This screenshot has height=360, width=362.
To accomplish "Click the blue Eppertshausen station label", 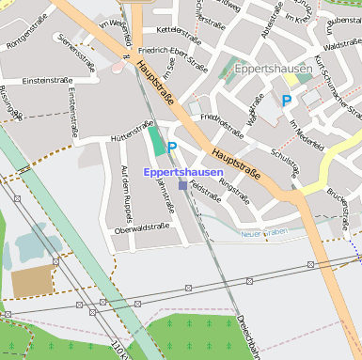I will click(x=183, y=172).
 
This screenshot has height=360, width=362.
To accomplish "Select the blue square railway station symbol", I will click(x=182, y=185).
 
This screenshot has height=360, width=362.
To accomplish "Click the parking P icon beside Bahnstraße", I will click(x=172, y=147).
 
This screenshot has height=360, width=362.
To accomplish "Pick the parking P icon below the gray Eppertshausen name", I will click(x=287, y=100).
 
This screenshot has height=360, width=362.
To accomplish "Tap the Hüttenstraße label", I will click(x=132, y=133).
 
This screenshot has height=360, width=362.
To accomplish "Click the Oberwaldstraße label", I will click(x=141, y=227).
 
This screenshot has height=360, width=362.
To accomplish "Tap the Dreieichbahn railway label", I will click(x=247, y=338).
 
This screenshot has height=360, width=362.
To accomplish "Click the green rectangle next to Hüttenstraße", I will click(x=155, y=140).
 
